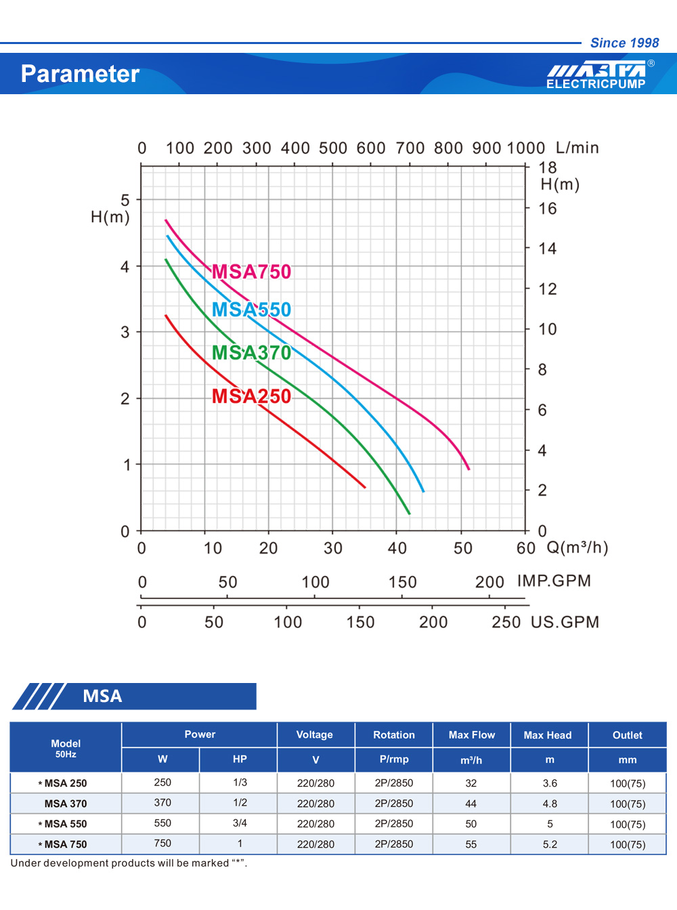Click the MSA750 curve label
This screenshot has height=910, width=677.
pyautogui.click(x=251, y=272)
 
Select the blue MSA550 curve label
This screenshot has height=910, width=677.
pyautogui.click(x=251, y=310)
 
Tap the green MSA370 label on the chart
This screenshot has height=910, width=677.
pyautogui.click(x=251, y=353)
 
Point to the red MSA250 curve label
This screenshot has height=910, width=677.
pyautogui.click(x=251, y=396)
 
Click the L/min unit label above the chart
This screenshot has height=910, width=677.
pyautogui.click(x=577, y=148)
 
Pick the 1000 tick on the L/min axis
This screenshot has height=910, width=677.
pyautogui.click(x=525, y=148)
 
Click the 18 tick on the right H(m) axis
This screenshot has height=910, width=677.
pyautogui.click(x=547, y=167)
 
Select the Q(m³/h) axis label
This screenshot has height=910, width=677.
pyautogui.click(x=577, y=547)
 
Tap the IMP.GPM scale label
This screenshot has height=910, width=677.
pyautogui.click(x=554, y=581)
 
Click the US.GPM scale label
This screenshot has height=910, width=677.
pyautogui.click(x=565, y=622)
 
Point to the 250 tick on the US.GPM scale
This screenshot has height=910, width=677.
pyautogui.click(x=506, y=622)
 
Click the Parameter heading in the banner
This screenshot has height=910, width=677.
pyautogui.click(x=80, y=74)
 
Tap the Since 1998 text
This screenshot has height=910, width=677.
pyautogui.click(x=624, y=43)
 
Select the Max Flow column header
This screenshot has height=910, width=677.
pyautogui.click(x=472, y=735)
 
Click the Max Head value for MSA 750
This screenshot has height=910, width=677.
pyautogui.click(x=550, y=844)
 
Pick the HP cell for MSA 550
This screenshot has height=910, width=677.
pyautogui.click(x=240, y=823)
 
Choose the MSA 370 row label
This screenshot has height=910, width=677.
pyautogui.click(x=66, y=804)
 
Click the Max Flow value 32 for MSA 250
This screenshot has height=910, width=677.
pyautogui.click(x=471, y=783)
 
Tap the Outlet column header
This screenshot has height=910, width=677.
pyautogui.click(x=628, y=735)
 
